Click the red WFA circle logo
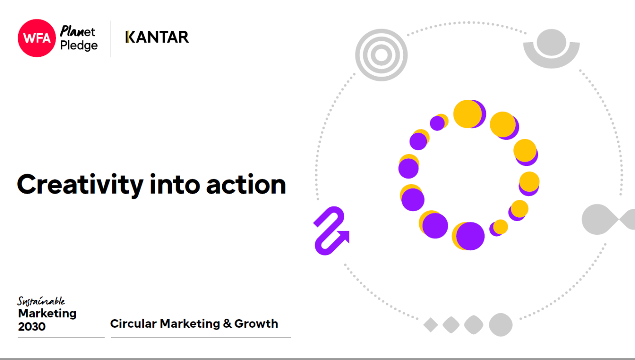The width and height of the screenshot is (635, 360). [x=37, y=38]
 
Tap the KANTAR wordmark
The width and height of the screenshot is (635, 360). [x=157, y=37]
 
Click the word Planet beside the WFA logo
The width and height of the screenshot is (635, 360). [x=78, y=31]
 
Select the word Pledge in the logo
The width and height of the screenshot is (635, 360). [x=79, y=45]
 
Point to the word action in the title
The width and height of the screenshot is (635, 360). [x=246, y=185]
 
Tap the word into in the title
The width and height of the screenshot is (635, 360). [x=175, y=184]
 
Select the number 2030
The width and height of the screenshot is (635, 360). [x=32, y=326]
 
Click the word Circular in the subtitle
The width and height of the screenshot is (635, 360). [x=133, y=324]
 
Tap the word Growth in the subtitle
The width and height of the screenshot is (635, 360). [x=256, y=324]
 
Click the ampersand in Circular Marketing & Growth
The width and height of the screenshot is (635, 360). [x=227, y=324]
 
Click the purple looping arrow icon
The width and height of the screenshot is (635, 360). [x=331, y=231]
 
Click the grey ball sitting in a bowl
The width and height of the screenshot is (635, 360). [x=552, y=43]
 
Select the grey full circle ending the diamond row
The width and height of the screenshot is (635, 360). [x=501, y=325]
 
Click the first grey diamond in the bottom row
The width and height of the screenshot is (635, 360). [x=430, y=325]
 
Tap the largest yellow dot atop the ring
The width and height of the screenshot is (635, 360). [x=467, y=114]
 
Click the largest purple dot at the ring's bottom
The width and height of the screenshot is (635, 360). [x=470, y=236]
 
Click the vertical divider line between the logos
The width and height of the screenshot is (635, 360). [x=111, y=39]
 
